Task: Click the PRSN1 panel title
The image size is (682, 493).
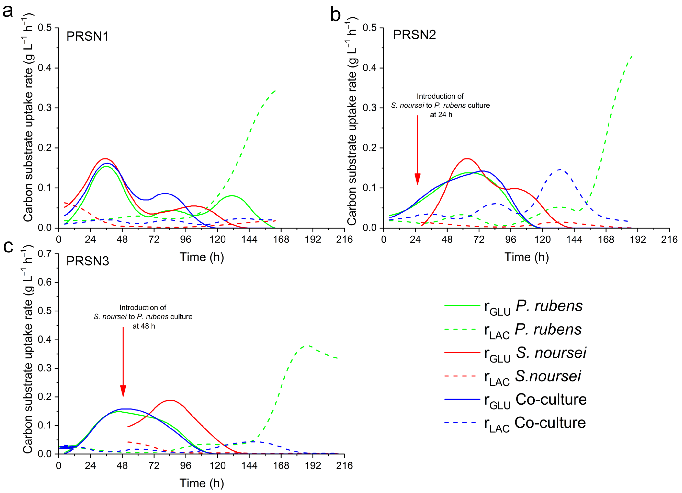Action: tap(87, 36)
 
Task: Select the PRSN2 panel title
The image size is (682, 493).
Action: tap(414, 35)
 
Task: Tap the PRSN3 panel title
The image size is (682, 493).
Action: tap(88, 261)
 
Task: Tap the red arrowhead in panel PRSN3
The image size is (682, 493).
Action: tap(123, 391)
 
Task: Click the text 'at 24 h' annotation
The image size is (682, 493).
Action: tap(441, 115)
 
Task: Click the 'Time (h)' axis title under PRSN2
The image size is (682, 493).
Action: tap(527, 257)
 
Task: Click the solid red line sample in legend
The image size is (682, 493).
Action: tap(462, 352)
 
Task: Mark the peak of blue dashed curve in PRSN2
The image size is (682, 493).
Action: tap(560, 170)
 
